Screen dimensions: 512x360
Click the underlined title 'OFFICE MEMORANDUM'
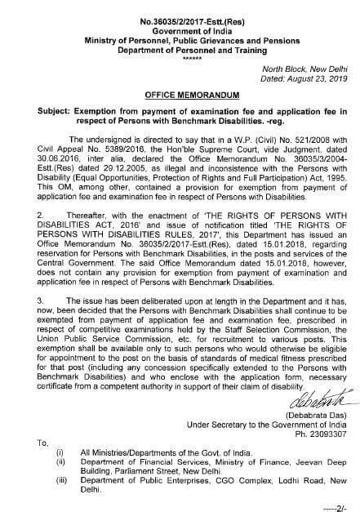pyautogui.click(x=180, y=95)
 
